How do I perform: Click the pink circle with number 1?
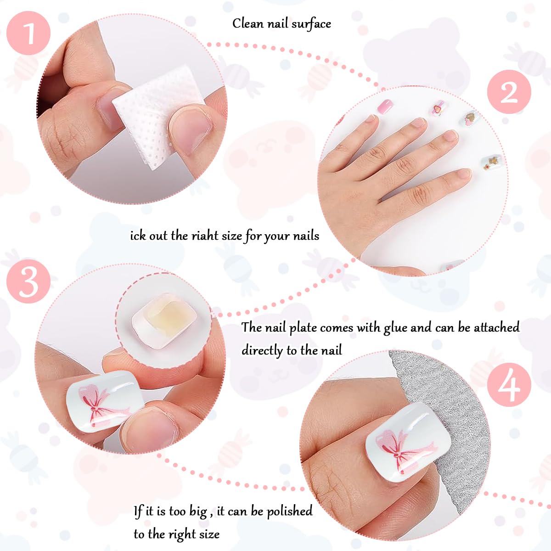tap(28, 33)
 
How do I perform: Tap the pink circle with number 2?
tap(509, 92)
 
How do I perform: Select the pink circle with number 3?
tap(28, 281)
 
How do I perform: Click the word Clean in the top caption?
tap(248, 23)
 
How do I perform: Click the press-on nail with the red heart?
tap(439, 109)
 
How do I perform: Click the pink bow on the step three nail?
tap(99, 404)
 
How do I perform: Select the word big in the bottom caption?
tap(198, 512)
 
